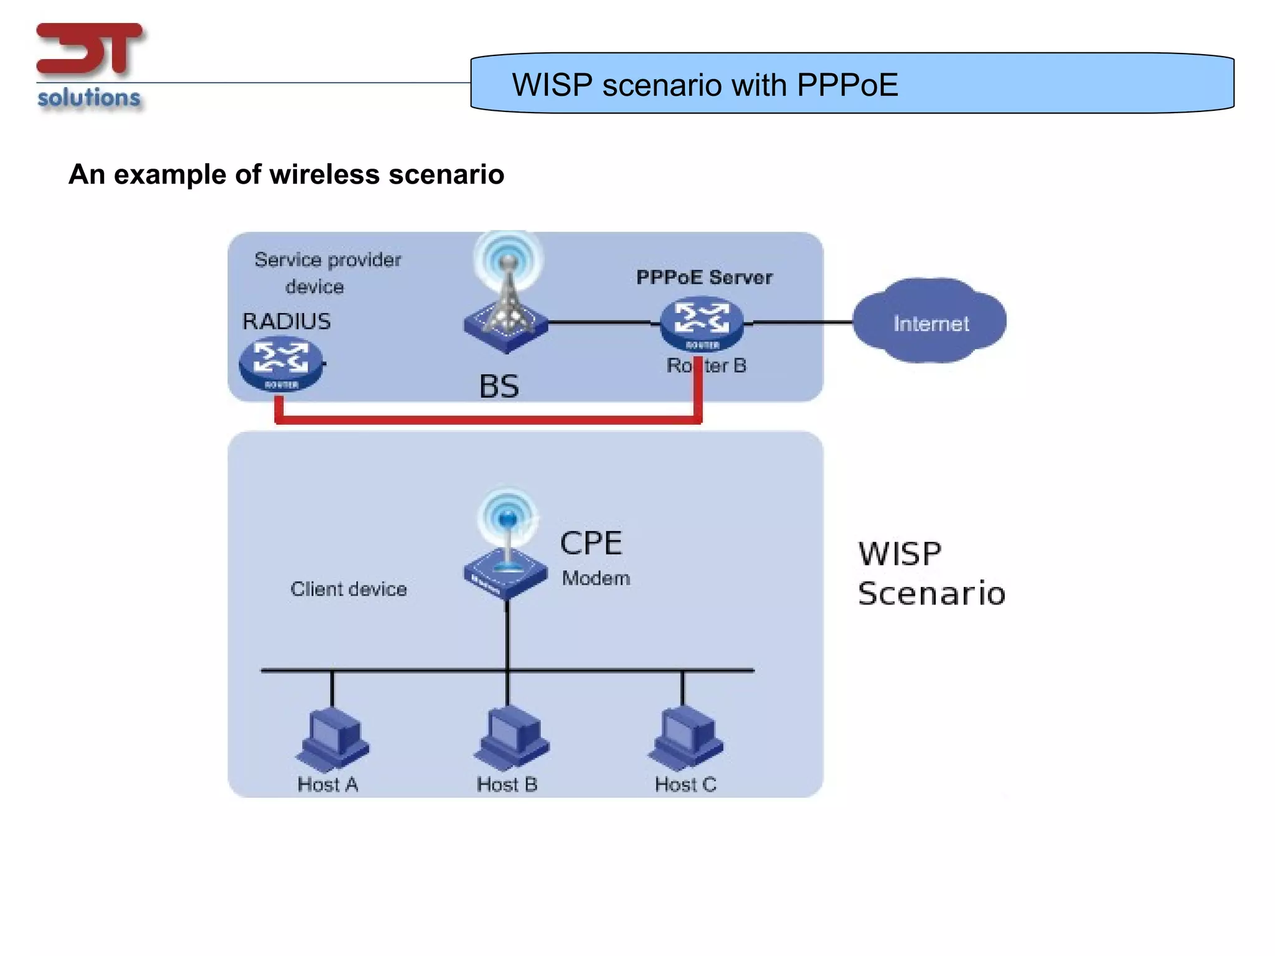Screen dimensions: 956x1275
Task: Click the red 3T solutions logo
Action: click(90, 65)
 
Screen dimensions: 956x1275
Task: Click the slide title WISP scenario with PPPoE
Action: click(704, 85)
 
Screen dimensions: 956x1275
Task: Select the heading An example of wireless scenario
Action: click(286, 174)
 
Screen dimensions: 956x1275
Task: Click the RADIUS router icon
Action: click(281, 363)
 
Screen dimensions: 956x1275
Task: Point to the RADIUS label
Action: click(286, 321)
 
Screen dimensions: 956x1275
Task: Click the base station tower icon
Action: click(506, 299)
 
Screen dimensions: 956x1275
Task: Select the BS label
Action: click(499, 387)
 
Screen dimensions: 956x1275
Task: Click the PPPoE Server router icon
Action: click(702, 324)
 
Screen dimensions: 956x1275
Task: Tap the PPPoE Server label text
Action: click(704, 277)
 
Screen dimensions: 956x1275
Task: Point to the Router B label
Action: click(707, 365)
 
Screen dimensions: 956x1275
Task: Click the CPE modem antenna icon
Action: click(506, 548)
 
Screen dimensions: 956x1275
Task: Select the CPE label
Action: click(591, 543)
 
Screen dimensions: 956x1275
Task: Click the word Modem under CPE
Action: click(596, 578)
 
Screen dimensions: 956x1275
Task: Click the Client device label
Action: click(349, 589)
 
